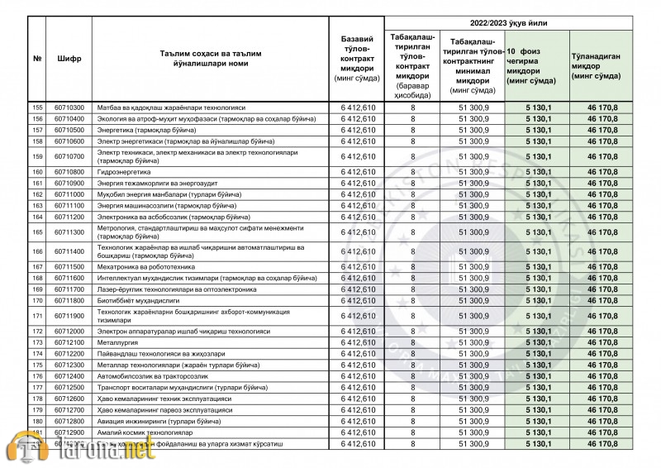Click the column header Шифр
(69, 60)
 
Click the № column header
(37, 60)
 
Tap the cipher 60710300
(69, 107)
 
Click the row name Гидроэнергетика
(124, 172)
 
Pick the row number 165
(37, 232)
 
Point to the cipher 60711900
(69, 316)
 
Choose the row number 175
(37, 365)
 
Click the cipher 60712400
(69, 376)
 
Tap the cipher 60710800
(69, 172)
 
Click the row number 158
(37, 141)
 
